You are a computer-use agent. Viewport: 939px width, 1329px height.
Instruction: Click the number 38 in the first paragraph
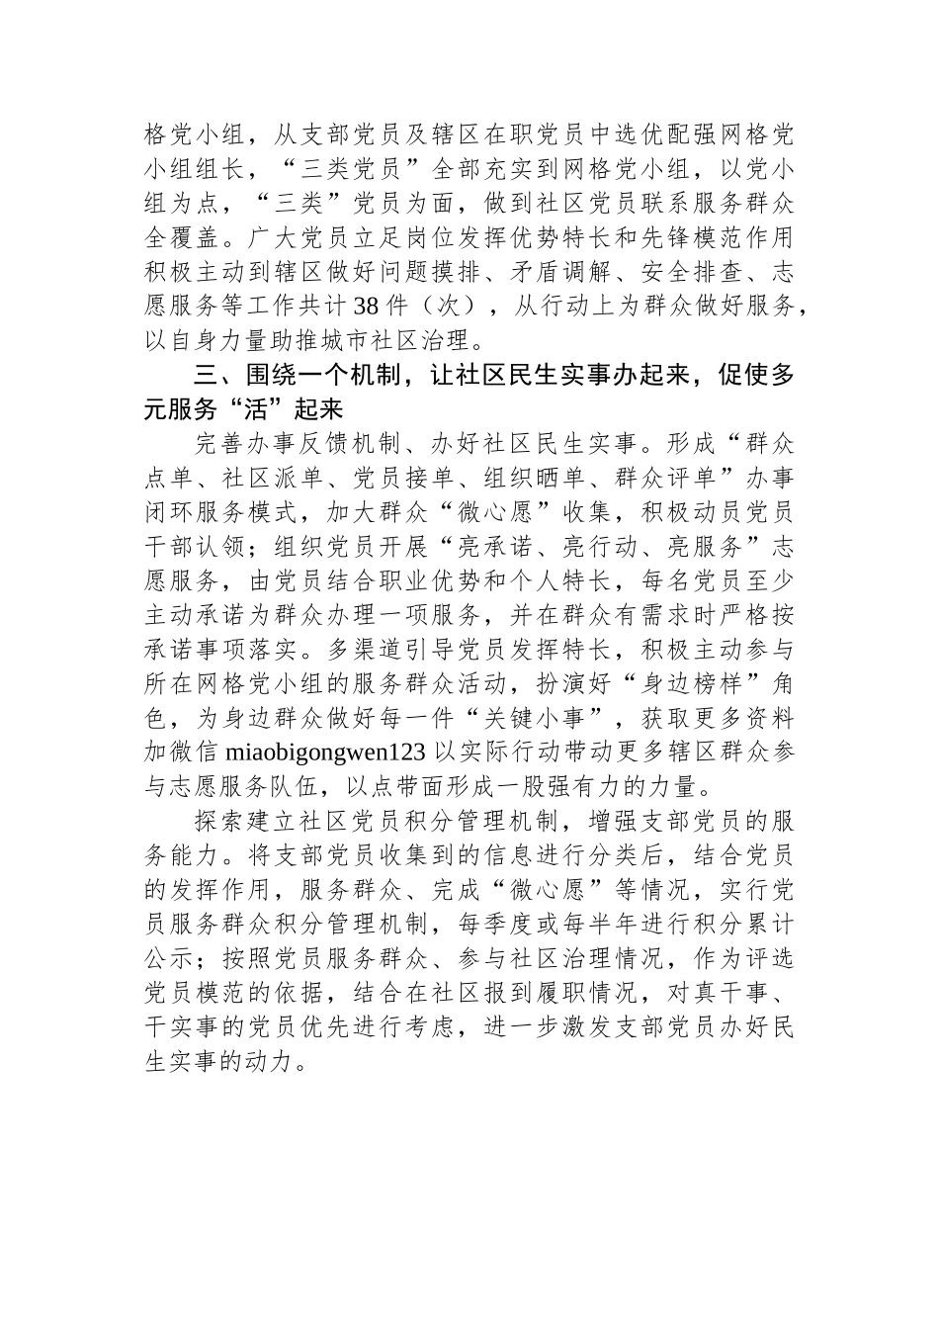[354, 308]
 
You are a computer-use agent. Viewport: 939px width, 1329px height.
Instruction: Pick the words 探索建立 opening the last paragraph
[235, 821]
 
